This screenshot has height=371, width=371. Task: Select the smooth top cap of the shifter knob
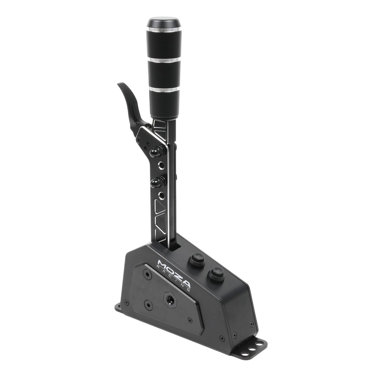pos(163,23)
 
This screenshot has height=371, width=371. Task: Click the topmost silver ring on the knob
pos(163,29)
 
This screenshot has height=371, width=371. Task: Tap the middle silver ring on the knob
pos(164,59)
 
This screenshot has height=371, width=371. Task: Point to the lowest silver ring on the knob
pos(165,89)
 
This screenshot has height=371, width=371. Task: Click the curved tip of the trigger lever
pos(122,86)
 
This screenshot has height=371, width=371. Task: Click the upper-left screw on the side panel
pos(147,274)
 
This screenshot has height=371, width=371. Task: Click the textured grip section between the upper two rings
pos(163,44)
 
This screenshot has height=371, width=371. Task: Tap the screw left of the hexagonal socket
pos(148,305)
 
